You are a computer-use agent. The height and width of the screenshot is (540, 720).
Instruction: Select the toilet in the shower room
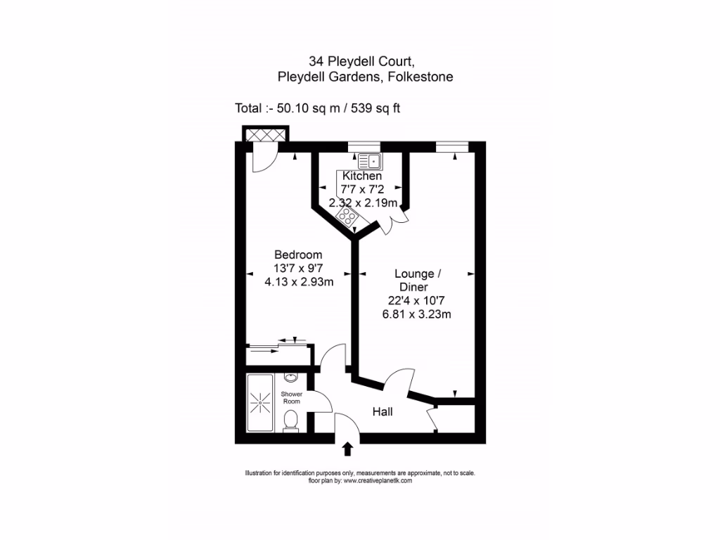pyautogui.click(x=290, y=420)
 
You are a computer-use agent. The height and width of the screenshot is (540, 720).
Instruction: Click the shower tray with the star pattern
pyautogui.click(x=261, y=404)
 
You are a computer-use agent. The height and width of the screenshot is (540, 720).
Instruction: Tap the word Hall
pyautogui.click(x=382, y=412)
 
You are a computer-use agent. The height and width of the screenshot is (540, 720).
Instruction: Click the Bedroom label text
pyautogui.click(x=298, y=255)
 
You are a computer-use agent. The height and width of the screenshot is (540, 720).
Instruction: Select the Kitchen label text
pyautogui.click(x=362, y=176)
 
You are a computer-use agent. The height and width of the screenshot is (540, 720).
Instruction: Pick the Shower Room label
pyautogui.click(x=292, y=398)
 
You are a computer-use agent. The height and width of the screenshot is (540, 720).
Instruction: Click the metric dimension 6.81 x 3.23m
pyautogui.click(x=416, y=314)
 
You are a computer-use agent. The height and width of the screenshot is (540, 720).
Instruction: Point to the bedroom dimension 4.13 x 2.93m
pyautogui.click(x=299, y=282)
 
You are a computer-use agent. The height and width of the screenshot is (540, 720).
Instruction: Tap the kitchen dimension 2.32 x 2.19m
pyautogui.click(x=364, y=203)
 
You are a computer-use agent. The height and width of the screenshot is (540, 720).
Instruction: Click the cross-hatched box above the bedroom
pyautogui.click(x=265, y=134)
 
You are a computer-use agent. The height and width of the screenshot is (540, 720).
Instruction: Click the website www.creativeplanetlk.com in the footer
pyautogui.click(x=377, y=481)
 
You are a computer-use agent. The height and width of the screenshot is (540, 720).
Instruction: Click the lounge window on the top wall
pyautogui.click(x=451, y=146)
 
